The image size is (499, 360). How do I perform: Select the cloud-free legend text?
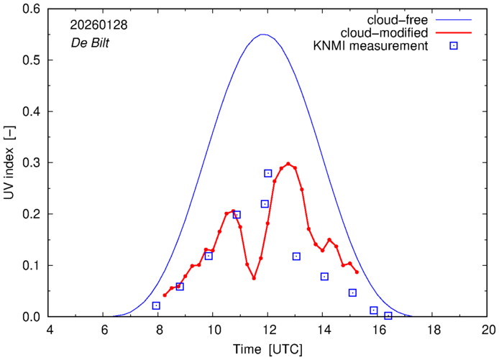coord(403,19)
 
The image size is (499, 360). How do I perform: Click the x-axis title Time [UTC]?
coord(268,349)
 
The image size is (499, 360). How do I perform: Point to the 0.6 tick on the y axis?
coord(33,9)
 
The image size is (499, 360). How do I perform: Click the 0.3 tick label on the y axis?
coord(33,163)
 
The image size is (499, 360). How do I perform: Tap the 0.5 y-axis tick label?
coord(33,60)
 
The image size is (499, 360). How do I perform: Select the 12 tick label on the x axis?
coord(268,330)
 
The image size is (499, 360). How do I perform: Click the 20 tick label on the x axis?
coord(488,330)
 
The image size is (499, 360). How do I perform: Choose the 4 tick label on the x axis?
coord(48,330)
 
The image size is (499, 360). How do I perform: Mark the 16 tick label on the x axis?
coord(378,330)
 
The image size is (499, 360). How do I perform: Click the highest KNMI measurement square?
coord(268,173)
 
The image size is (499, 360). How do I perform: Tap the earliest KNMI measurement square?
coord(156,305)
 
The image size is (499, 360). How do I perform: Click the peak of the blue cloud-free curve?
coord(263,34)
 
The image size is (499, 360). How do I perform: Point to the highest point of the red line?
coord(288,164)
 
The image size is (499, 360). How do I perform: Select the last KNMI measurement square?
coord(388,315)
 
